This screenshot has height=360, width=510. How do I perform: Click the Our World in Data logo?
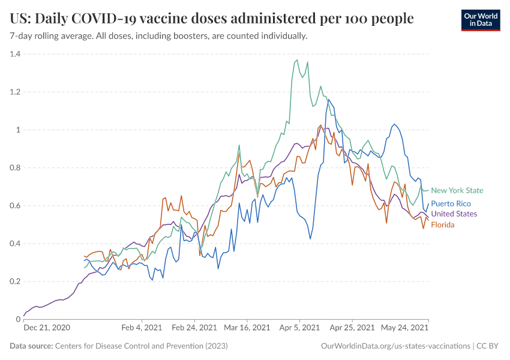pos(481,20)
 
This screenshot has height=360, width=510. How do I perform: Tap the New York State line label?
pos(457,191)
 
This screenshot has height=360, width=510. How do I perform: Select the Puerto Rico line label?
pos(451,204)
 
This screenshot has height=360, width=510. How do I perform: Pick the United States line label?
pos(454,214)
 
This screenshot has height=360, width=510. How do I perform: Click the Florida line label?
pos(443,225)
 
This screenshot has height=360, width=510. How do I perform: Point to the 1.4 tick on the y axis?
pos(14,54)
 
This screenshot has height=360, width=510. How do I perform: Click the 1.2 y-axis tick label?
pos(14,92)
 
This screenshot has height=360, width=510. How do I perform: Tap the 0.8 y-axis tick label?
pos(14,168)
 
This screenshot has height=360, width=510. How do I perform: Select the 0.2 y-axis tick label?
pos(14,281)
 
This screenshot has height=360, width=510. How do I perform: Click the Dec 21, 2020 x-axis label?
pos(47,328)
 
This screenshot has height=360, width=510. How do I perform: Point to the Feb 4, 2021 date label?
pos(142,328)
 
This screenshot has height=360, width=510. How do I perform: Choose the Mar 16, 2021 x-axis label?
pos(247,328)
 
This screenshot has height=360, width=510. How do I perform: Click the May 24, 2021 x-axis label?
pos(404,328)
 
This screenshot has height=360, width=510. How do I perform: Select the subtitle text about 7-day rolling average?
pos(159,36)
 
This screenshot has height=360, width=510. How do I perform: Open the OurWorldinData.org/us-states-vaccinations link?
pos(395,346)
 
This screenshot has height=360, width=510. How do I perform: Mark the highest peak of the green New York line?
pos(297,60)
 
